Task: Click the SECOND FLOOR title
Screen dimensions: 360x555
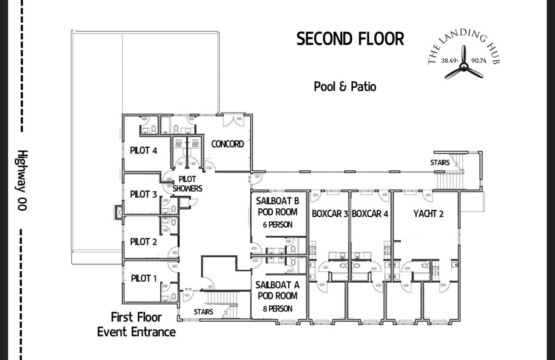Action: click(350, 39)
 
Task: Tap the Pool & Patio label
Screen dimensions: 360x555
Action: click(342, 87)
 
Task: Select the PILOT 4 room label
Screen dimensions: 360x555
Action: click(144, 150)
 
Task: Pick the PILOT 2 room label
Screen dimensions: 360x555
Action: click(144, 241)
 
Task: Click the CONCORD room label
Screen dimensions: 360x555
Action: click(228, 144)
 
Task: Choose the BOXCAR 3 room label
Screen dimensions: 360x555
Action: click(329, 214)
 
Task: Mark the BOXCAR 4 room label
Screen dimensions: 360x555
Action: click(370, 214)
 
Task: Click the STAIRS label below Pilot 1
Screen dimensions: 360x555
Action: click(204, 312)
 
